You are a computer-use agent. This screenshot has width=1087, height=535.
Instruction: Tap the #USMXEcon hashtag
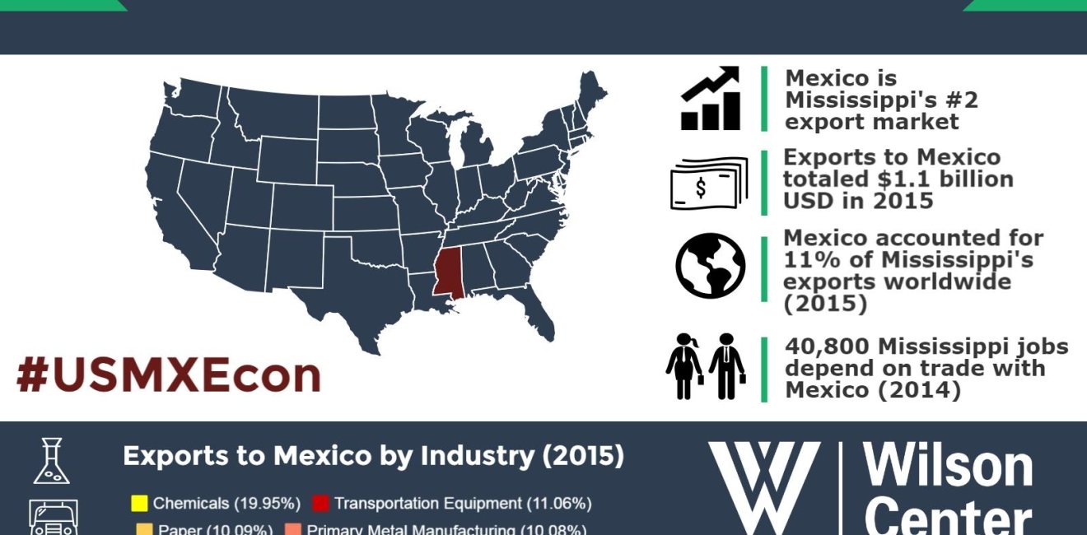coord(168,374)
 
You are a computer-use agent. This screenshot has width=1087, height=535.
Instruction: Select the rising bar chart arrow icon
coord(711,99)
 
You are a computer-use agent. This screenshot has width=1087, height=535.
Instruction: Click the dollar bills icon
coord(708,183)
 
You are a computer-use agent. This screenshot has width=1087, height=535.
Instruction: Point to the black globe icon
coord(710,265)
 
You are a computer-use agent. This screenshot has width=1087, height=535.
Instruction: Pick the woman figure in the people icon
coord(684,366)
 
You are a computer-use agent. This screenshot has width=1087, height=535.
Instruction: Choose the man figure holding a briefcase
coord(726,366)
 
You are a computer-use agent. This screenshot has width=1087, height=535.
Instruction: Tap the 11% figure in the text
coord(807,260)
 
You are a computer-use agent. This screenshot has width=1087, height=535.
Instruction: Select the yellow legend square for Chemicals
coord(140,503)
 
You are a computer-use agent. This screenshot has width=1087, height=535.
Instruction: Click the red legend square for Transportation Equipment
coord(321,503)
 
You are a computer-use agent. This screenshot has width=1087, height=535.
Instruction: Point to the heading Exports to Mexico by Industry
coord(373,456)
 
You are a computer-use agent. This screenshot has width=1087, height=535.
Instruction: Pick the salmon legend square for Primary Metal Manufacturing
coord(292,529)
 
